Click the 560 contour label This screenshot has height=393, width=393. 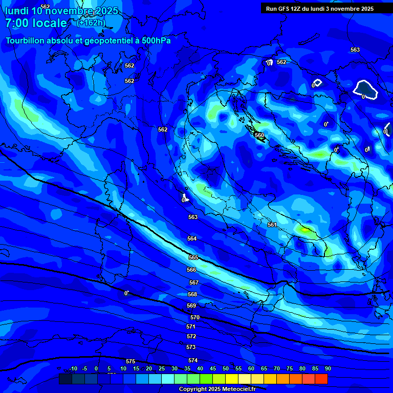(259, 136)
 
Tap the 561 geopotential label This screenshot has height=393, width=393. (272, 225)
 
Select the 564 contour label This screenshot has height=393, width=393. (192, 238)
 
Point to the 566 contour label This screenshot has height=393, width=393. (191, 270)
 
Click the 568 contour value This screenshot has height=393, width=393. (192, 294)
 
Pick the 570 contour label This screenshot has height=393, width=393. (195, 318)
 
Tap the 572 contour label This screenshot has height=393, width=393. (191, 336)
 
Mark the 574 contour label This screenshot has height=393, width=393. (193, 360)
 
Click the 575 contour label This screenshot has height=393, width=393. (130, 361)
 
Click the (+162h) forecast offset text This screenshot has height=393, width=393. (91, 23)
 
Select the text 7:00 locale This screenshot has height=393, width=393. (36, 23)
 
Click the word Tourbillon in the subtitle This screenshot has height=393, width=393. (26, 40)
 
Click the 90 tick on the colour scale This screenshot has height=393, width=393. (327, 368)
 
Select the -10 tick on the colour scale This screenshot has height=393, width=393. (73, 368)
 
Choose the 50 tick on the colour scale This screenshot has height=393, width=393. (226, 368)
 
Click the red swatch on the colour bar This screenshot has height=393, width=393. (321, 379)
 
